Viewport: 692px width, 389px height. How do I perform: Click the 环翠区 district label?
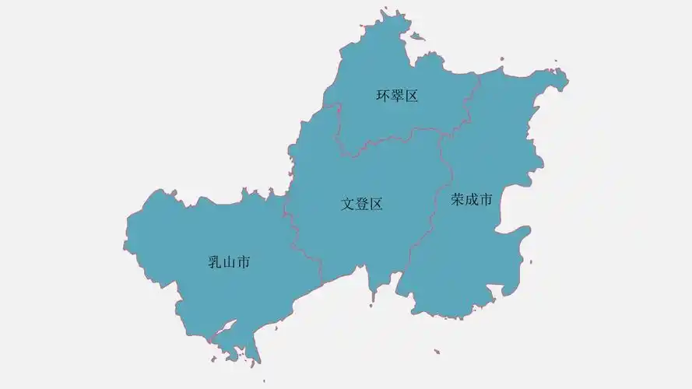[x=397, y=96]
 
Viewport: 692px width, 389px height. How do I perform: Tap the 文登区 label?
[x=362, y=205]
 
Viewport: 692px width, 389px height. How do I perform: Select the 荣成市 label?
[x=472, y=200]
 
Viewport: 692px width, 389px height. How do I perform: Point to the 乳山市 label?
[x=229, y=263]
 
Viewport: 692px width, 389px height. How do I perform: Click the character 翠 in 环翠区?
[x=397, y=96]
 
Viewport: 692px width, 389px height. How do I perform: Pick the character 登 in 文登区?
[x=362, y=205]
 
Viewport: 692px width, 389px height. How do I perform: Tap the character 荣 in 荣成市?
[x=458, y=200]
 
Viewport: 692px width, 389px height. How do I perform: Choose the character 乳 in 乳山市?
[x=215, y=263]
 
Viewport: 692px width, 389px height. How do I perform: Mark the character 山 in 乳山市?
[x=229, y=263]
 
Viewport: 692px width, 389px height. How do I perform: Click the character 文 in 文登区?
[x=348, y=205]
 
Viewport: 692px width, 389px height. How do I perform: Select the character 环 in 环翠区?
[x=383, y=96]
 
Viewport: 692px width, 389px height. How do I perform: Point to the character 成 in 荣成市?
[x=472, y=200]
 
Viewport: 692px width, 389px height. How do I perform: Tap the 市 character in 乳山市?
[x=243, y=263]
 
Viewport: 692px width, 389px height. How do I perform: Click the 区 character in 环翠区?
[x=411, y=96]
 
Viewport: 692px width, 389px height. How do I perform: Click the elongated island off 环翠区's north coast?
[x=418, y=36]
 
